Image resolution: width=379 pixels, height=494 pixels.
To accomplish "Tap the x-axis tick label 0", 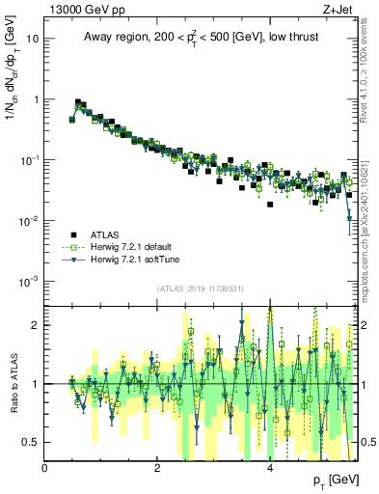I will (45, 467).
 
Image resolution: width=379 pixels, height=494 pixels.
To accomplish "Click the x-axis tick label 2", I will (157, 467).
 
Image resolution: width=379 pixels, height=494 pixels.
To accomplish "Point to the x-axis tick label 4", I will (270, 467).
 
